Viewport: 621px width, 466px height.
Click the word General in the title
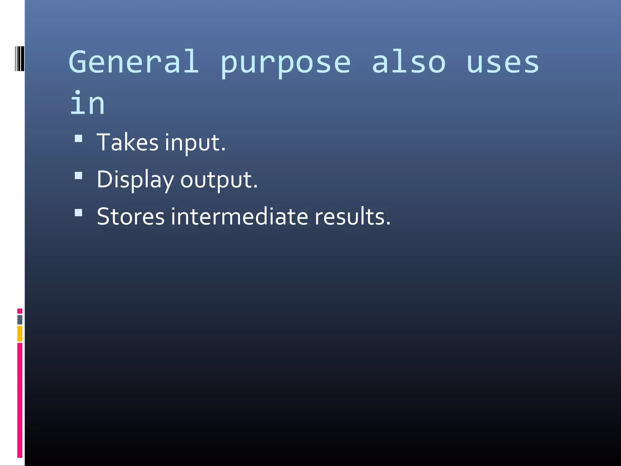click(x=133, y=62)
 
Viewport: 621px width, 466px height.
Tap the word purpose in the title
click(x=285, y=64)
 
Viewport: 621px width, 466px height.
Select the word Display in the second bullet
click(x=135, y=180)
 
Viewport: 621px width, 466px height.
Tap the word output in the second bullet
click(x=219, y=180)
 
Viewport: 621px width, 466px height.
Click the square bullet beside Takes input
click(x=79, y=139)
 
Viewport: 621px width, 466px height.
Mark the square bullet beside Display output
click(x=79, y=176)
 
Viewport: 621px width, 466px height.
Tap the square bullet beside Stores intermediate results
click(x=79, y=213)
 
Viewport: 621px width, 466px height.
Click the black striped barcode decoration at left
click(x=19, y=59)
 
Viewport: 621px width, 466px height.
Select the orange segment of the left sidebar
click(x=20, y=333)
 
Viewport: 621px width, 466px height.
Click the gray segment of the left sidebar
click(x=20, y=319)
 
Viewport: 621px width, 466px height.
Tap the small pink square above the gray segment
click(x=20, y=311)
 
